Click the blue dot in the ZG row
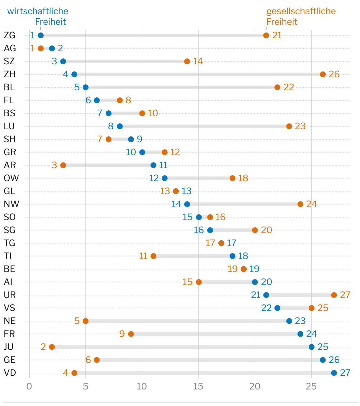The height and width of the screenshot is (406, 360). tap(41, 35)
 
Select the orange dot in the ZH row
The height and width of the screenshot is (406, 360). tap(323, 74)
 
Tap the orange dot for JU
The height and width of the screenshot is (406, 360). tap(52, 347)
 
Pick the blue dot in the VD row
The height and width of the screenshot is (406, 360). tap(334, 373)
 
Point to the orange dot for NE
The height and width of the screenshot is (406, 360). tap(86, 321)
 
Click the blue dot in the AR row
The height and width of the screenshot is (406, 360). tap(153, 165)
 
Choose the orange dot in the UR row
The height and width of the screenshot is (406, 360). tap(334, 295)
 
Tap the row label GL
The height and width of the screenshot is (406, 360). tap(9, 191)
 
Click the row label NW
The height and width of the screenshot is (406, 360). tap(12, 204)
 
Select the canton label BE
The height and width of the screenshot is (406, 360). tap(9, 269)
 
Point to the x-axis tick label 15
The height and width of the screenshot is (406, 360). tap(198, 387)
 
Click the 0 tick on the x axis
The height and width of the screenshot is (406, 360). tap(29, 387)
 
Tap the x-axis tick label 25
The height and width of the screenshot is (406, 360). tap(311, 387)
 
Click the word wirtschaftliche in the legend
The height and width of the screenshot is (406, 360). tap(38, 11)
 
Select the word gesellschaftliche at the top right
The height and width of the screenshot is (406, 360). tap(301, 11)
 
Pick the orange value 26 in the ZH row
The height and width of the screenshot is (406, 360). tap(334, 74)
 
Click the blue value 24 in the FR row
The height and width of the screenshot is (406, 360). tap(311, 334)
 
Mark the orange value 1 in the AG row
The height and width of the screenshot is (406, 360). tap(32, 48)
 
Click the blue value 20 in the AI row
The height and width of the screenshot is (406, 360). tap(266, 282)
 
